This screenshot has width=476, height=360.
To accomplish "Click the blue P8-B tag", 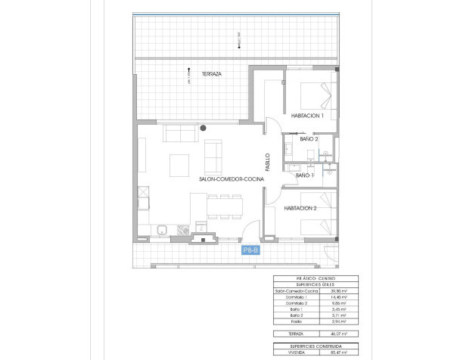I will (x=250, y=250).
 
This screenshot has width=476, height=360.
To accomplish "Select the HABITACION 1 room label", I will (x=307, y=116).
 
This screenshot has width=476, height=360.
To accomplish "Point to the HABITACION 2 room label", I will (x=300, y=208).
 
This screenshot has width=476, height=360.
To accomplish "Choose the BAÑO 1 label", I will (x=305, y=175).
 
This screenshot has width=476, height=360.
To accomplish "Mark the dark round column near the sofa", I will (x=203, y=129).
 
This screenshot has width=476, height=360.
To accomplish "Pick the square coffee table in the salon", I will (x=179, y=164).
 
